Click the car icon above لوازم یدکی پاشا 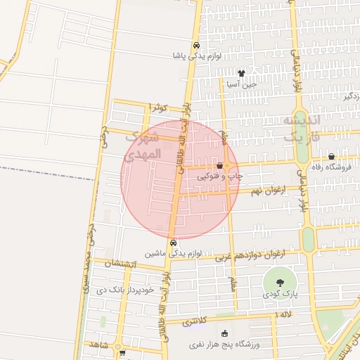coord(196,45)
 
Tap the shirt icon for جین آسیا coord(242,72)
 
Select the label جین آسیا coord(242,83)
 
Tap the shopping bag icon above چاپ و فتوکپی coord(220,166)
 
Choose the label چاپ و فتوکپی coord(220,176)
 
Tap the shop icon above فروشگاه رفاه coord(331,157)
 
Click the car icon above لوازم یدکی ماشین coord(174,243)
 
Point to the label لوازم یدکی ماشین coord(165,252)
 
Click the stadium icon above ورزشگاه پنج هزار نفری coord(225,334)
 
